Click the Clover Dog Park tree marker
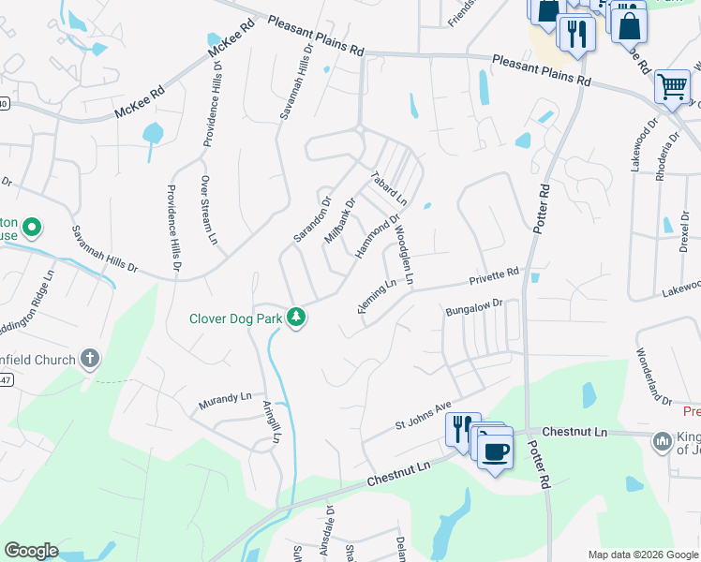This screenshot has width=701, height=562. (x=297, y=318)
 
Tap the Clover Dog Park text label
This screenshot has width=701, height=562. (x=236, y=318)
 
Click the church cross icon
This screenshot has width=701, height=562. (x=90, y=358)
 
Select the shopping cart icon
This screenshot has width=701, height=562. (x=672, y=86)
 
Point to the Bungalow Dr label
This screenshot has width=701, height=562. (x=474, y=307)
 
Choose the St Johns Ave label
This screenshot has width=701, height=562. (x=423, y=416)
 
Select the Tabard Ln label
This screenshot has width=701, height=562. (x=388, y=188)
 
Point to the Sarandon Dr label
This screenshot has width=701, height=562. (x=312, y=219)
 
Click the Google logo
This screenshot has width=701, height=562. (x=31, y=551)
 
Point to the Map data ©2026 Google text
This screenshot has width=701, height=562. (x=641, y=555)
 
